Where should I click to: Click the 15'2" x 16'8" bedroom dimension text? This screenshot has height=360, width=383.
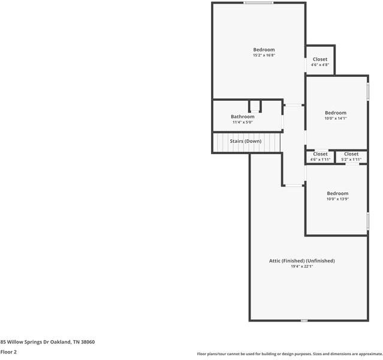click(264, 55)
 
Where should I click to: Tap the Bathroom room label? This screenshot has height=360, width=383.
click(243, 116)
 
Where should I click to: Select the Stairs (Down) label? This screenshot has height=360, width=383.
click(246, 141)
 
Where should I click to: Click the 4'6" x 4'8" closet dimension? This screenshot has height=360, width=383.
click(320, 65)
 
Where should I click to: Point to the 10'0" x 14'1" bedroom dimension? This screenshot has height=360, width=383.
click(336, 118)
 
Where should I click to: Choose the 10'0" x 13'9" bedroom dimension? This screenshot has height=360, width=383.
click(337, 199)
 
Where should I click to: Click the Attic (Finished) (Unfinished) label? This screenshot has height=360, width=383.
click(301, 260)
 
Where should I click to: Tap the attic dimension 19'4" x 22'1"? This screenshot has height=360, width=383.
click(301, 266)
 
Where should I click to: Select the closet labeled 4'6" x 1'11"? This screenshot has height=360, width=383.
click(320, 157)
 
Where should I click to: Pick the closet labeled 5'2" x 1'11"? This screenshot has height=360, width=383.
click(351, 157)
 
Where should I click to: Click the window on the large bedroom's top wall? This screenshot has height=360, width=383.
click(258, 3)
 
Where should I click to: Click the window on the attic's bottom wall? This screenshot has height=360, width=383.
click(304, 320)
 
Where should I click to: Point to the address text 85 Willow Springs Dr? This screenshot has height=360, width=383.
click(47, 341)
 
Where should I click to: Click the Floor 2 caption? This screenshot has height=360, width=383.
click(8, 352)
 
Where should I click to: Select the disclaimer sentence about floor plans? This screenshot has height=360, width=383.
click(289, 354)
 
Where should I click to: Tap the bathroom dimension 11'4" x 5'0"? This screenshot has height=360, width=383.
click(243, 122)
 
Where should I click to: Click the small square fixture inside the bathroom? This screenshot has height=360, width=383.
click(255, 107)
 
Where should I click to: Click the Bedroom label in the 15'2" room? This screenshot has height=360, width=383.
click(264, 49)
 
